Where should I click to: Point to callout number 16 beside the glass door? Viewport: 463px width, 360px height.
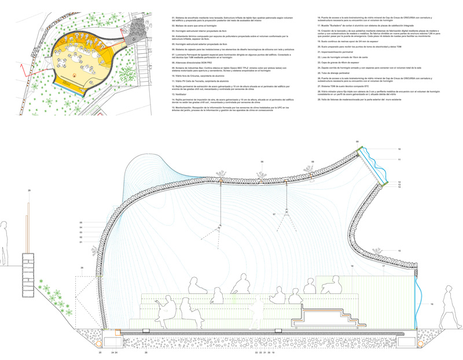tap(431, 304)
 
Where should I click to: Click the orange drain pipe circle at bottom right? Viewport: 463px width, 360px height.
tap(420, 343)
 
